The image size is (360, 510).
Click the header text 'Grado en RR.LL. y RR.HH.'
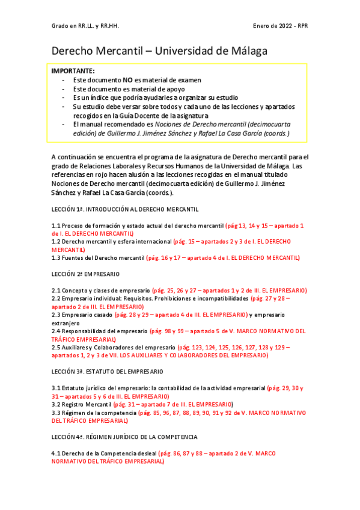coord(85,26)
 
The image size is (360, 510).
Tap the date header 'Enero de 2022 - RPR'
coord(281,26)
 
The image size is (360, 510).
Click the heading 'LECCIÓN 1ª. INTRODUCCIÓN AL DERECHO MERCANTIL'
coord(124,209)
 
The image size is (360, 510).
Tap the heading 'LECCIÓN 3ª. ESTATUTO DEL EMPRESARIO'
coord(107,372)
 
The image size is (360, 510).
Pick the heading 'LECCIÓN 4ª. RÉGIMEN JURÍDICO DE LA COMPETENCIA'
coord(125,437)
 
